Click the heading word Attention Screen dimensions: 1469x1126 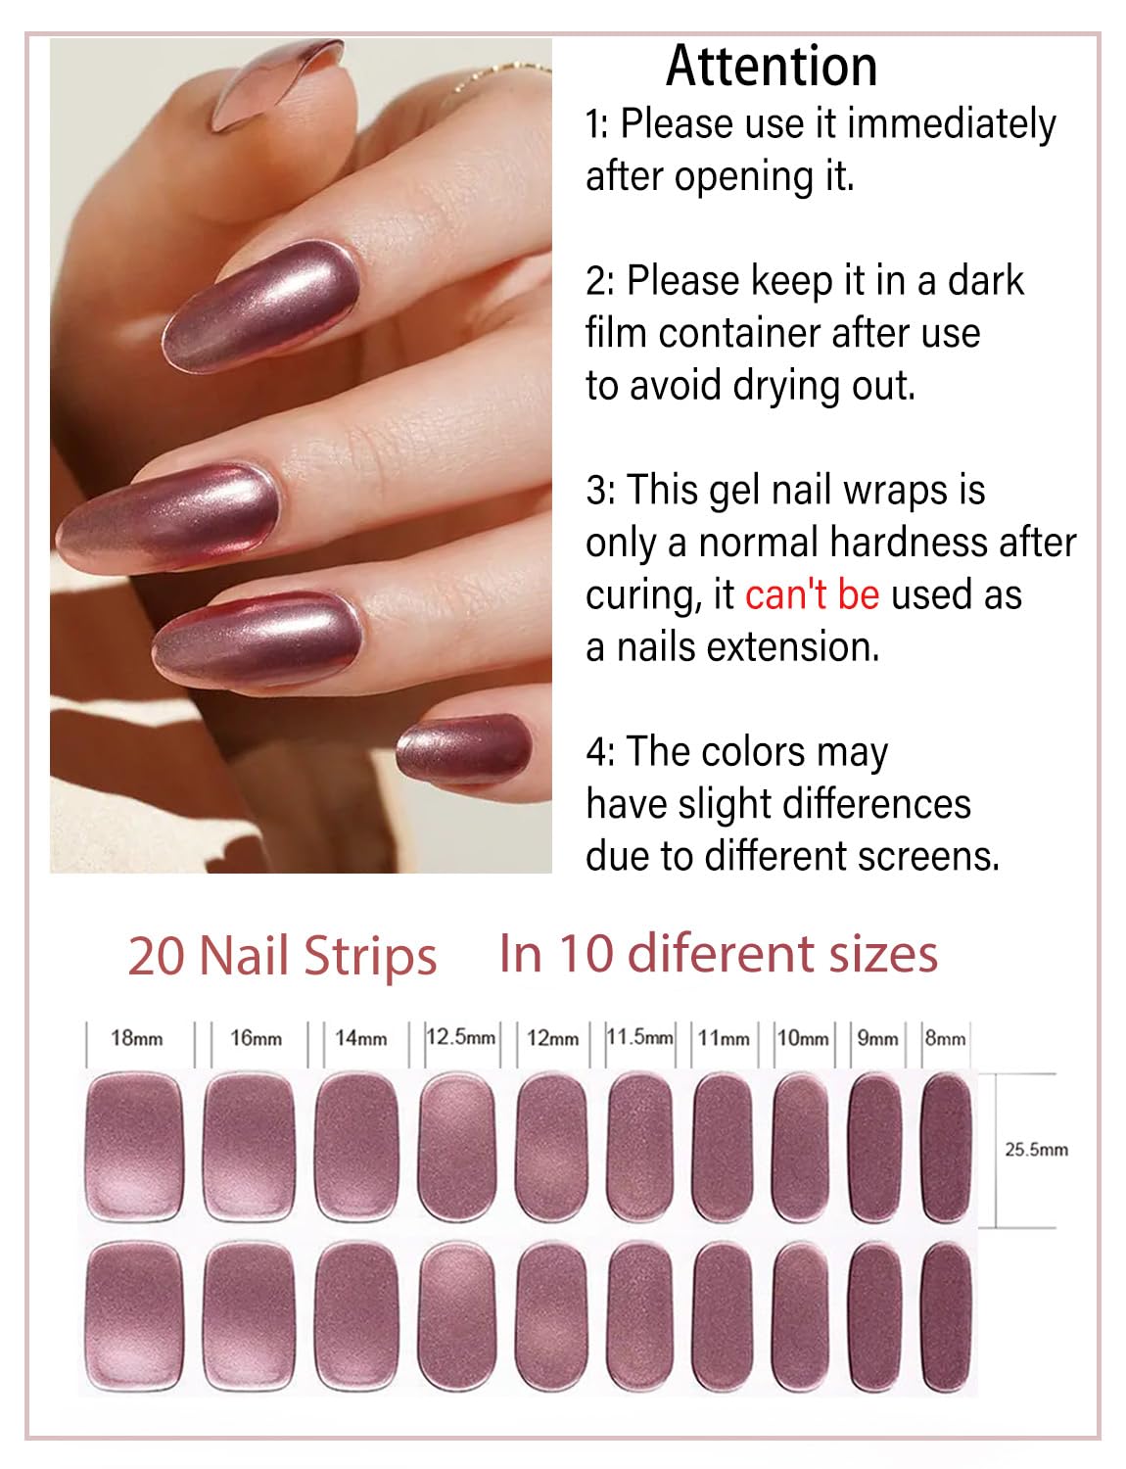click(x=771, y=68)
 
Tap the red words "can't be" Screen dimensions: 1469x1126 click(x=812, y=595)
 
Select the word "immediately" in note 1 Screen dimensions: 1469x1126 click(x=951, y=124)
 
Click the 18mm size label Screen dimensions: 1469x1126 click(x=136, y=1038)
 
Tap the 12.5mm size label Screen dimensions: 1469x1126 click(x=460, y=1036)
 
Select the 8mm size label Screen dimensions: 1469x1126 click(x=945, y=1038)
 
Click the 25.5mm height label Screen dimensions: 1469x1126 click(x=1036, y=1150)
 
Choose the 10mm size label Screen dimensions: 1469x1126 click(x=802, y=1038)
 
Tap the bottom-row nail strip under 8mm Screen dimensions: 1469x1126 click(x=946, y=1315)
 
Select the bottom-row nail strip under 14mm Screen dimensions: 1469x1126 click(x=357, y=1315)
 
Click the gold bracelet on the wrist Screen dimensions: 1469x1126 click(x=499, y=74)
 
